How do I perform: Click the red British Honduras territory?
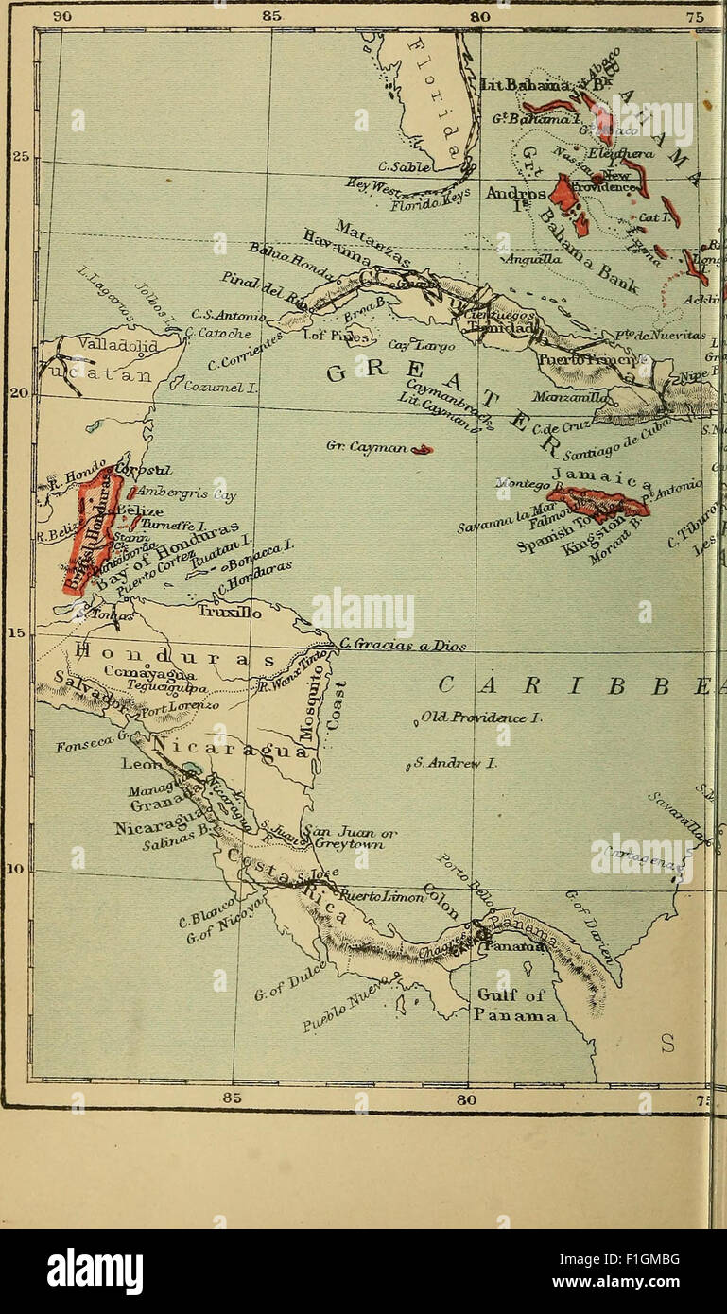[91, 529]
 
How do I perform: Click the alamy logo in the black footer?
[95, 1271]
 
